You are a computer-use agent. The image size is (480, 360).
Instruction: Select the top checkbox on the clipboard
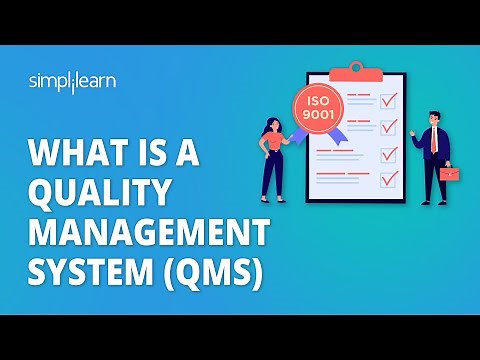(x=389, y=100)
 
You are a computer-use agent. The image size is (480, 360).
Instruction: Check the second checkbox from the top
(x=389, y=127)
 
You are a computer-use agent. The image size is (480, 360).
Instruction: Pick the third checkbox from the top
(x=389, y=154)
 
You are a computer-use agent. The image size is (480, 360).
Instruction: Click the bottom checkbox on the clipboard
(x=389, y=181)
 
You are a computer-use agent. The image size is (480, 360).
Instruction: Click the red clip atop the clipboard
(x=357, y=70)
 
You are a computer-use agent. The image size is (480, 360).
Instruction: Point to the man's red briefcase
(x=450, y=174)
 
